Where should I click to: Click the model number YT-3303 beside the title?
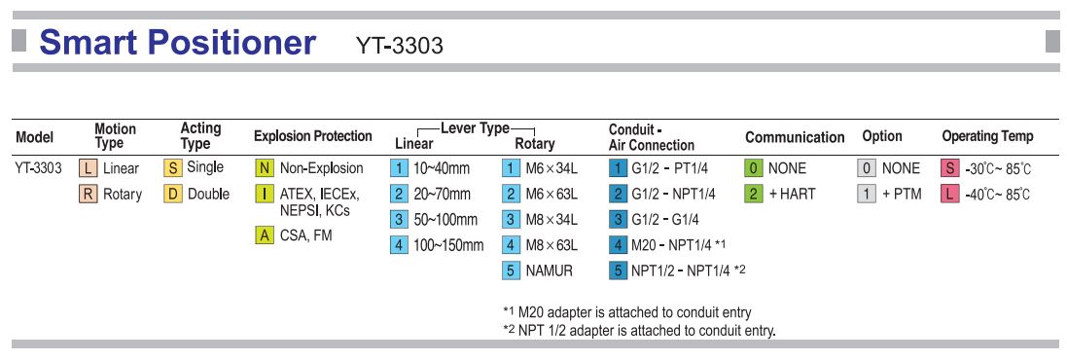click(x=400, y=46)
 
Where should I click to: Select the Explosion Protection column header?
click(x=312, y=136)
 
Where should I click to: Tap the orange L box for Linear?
click(x=87, y=168)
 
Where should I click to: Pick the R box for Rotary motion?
click(x=87, y=194)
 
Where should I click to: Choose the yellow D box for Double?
click(x=172, y=194)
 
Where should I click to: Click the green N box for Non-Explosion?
click(x=263, y=168)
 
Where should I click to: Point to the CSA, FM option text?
click(x=306, y=235)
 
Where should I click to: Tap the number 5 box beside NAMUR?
click(x=511, y=270)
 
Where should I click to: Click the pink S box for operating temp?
click(x=950, y=168)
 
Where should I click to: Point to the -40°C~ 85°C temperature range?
click(x=998, y=194)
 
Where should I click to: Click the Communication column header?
click(x=795, y=137)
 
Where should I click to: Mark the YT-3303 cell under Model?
click(x=38, y=168)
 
